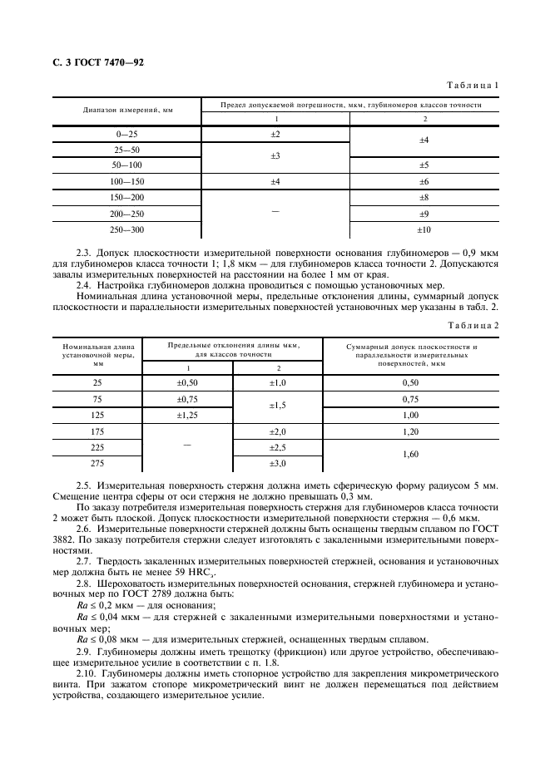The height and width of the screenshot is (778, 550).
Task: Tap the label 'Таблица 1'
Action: [x=473, y=86]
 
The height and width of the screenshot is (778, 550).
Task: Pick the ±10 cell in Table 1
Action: [x=424, y=229]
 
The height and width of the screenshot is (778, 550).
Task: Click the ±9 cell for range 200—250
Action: [x=424, y=213]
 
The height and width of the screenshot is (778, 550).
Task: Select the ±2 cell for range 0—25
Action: [x=275, y=134]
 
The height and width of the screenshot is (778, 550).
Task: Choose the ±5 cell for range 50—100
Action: [x=424, y=165]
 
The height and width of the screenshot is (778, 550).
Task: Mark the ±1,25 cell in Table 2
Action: [x=187, y=415]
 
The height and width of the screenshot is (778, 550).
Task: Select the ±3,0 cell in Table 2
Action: [x=277, y=463]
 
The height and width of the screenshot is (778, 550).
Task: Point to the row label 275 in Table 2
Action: [x=98, y=463]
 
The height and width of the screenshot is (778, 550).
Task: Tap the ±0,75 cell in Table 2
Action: [x=187, y=399]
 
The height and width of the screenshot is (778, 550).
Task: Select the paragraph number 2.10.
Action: [x=87, y=672]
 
